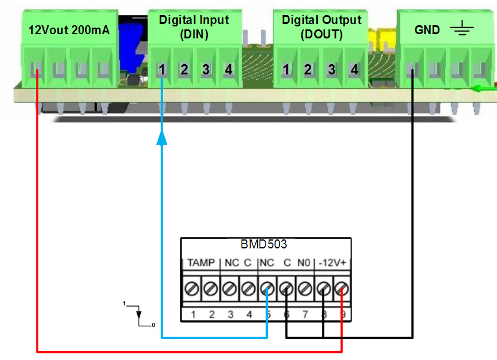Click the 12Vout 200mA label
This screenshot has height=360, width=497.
[69, 29]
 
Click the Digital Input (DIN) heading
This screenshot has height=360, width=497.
[194, 27]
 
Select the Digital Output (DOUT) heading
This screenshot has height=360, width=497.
[321, 27]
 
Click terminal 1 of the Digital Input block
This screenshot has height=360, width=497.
[162, 70]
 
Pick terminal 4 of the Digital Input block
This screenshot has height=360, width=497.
[228, 70]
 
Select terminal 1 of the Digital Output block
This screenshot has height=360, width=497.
[287, 70]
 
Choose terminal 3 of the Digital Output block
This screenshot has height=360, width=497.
[332, 70]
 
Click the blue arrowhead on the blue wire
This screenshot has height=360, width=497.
[162, 139]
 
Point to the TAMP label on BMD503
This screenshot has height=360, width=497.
[200, 263]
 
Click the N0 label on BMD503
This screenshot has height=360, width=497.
[304, 263]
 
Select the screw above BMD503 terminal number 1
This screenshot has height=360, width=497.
[194, 289]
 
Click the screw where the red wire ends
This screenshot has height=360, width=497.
[342, 289]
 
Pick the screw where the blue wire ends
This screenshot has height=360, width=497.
[267, 289]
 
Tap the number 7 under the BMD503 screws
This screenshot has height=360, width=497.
[305, 314]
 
